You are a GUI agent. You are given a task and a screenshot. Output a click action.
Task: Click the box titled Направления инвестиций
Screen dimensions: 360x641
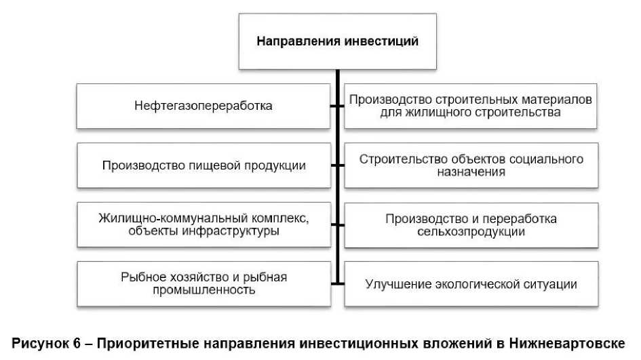(337, 41)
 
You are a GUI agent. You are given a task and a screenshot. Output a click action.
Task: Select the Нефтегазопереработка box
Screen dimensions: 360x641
(203, 106)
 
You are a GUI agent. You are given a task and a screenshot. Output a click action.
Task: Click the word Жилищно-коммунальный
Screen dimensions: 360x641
(160, 218)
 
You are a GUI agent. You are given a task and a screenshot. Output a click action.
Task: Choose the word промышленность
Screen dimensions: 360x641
(203, 290)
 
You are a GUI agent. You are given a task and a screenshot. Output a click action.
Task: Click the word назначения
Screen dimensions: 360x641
(471, 172)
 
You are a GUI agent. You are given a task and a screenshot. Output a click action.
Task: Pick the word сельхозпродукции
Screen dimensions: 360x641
(471, 231)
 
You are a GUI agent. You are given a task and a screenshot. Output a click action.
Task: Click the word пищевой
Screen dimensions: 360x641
(203, 165)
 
